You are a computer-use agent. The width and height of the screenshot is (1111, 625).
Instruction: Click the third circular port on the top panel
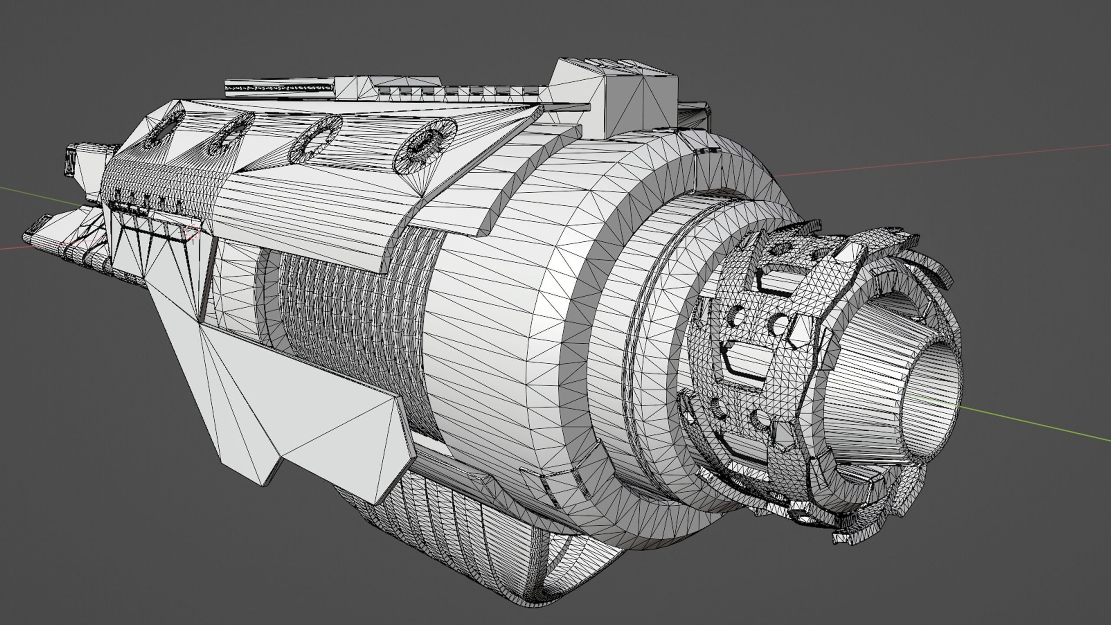[316, 141]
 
